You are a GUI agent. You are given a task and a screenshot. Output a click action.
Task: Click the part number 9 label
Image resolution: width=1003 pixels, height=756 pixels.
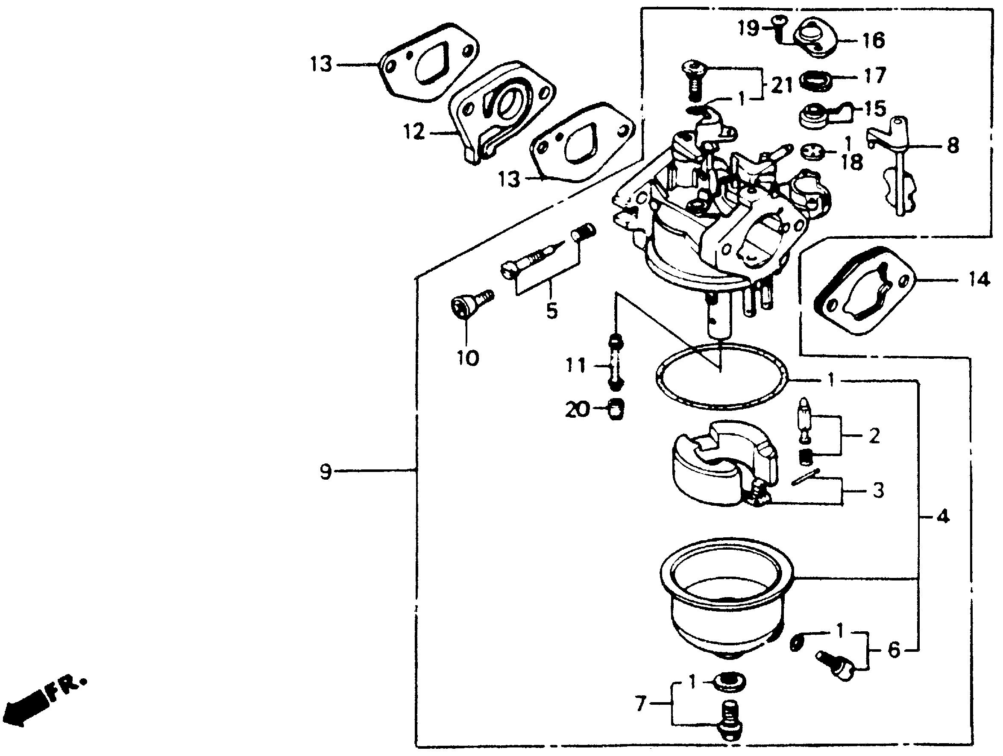[326, 472]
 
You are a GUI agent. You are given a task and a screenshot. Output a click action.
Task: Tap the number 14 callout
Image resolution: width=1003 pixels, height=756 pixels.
[980, 280]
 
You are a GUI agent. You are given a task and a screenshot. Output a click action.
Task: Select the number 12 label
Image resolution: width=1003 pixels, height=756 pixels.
[414, 132]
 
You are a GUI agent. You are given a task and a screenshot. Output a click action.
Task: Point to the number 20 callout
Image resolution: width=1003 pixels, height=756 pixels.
[577, 410]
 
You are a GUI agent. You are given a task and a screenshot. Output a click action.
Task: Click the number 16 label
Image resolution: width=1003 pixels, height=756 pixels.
[874, 40]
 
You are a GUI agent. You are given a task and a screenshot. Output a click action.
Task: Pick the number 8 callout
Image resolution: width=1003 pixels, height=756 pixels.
[953, 146]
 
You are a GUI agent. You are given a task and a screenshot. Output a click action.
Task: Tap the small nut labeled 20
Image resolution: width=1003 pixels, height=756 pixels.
[615, 410]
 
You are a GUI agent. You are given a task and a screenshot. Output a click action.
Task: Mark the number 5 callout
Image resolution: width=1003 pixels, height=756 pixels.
[551, 311]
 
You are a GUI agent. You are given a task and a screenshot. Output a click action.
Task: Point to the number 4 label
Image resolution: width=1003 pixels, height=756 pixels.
[942, 516]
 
